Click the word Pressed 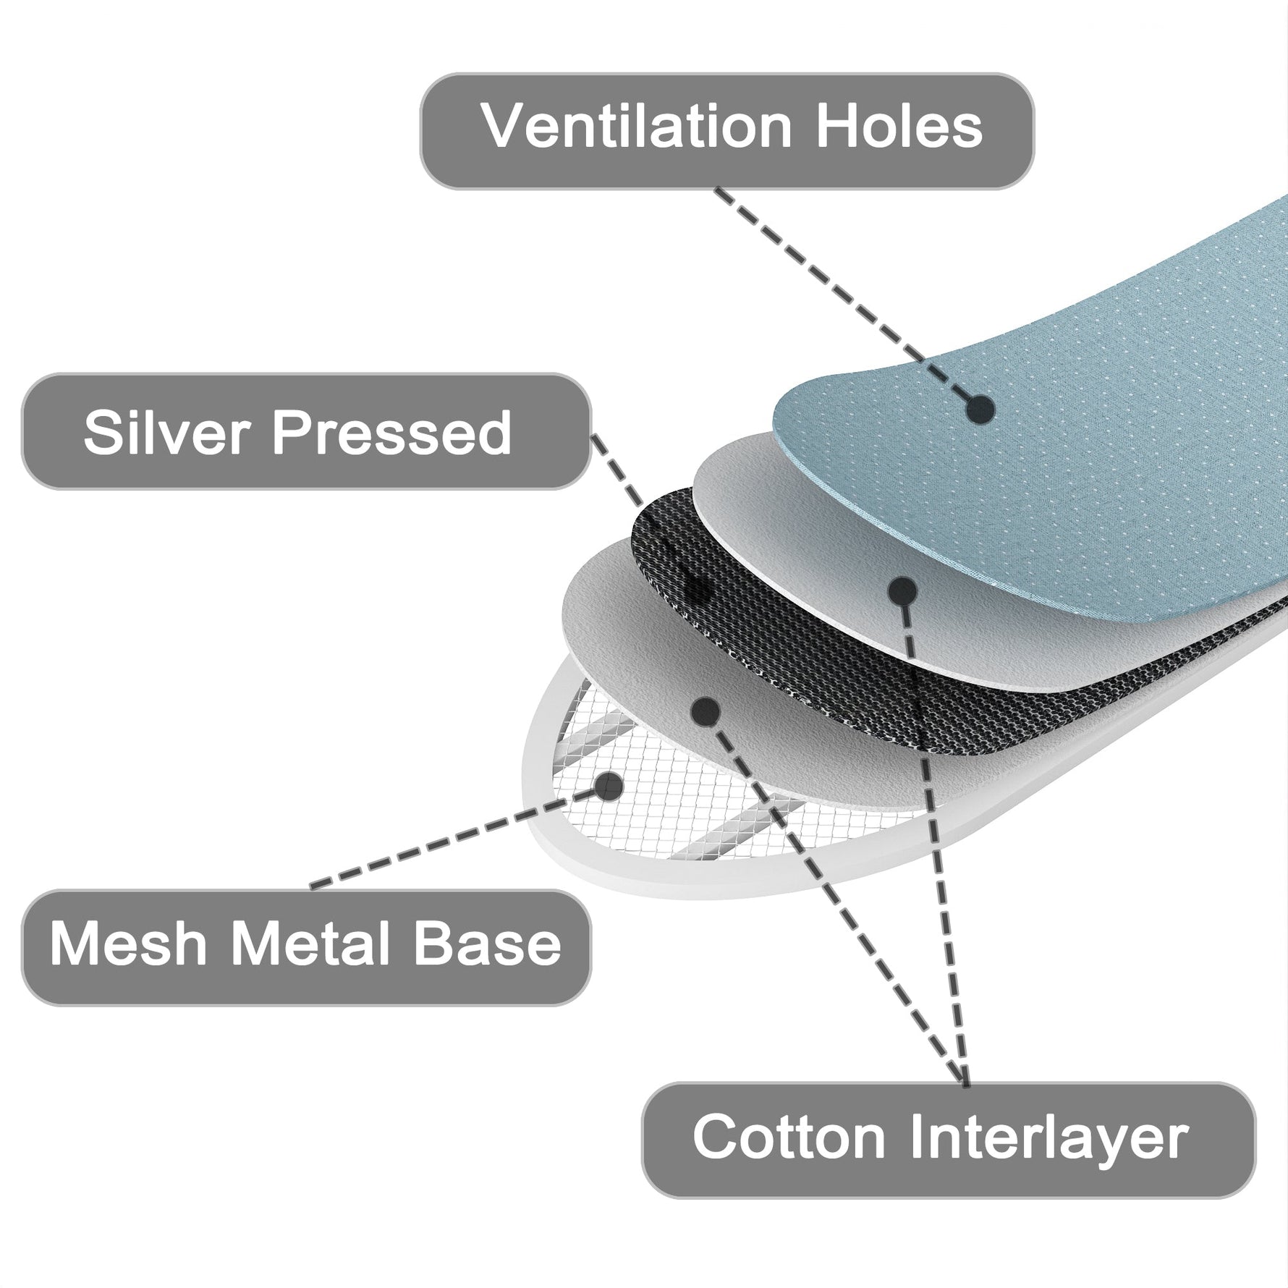(x=391, y=432)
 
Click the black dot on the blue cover (x=980, y=410)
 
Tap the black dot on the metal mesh (x=609, y=786)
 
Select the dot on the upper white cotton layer (x=902, y=592)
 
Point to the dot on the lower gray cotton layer (x=705, y=713)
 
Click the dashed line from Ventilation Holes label (x=832, y=289)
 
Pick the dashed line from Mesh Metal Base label (x=449, y=839)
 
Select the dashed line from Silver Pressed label (x=622, y=478)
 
